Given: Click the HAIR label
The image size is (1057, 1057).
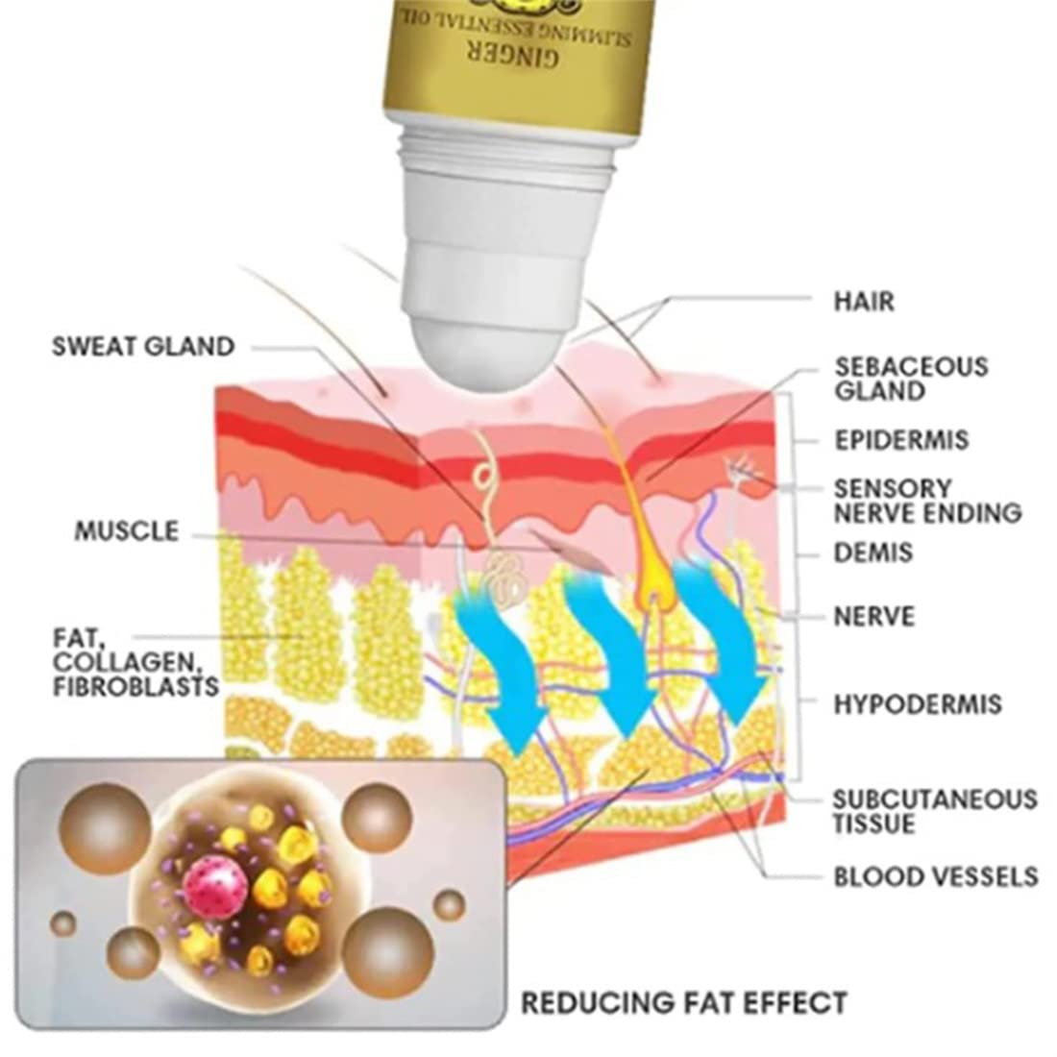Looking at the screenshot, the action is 864,302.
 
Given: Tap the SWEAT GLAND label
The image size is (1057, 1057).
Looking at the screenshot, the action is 143,347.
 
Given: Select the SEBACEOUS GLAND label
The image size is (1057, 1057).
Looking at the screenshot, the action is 911,379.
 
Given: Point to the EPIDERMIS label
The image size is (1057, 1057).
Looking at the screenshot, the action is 902,440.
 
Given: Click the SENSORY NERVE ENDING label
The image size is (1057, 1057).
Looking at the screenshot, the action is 928,501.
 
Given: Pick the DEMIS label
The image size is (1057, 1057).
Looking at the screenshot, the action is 873,553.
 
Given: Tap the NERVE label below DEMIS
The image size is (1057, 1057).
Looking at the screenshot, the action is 874,617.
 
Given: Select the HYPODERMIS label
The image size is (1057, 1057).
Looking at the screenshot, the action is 918,704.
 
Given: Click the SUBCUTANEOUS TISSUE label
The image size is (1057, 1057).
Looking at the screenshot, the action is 935,812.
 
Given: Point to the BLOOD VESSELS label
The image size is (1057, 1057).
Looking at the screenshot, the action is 936,877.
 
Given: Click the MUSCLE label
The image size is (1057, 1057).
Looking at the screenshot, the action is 127,531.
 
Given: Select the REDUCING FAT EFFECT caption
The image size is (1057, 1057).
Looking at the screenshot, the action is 684,1002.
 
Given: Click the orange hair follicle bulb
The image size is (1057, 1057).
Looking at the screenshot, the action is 652,587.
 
